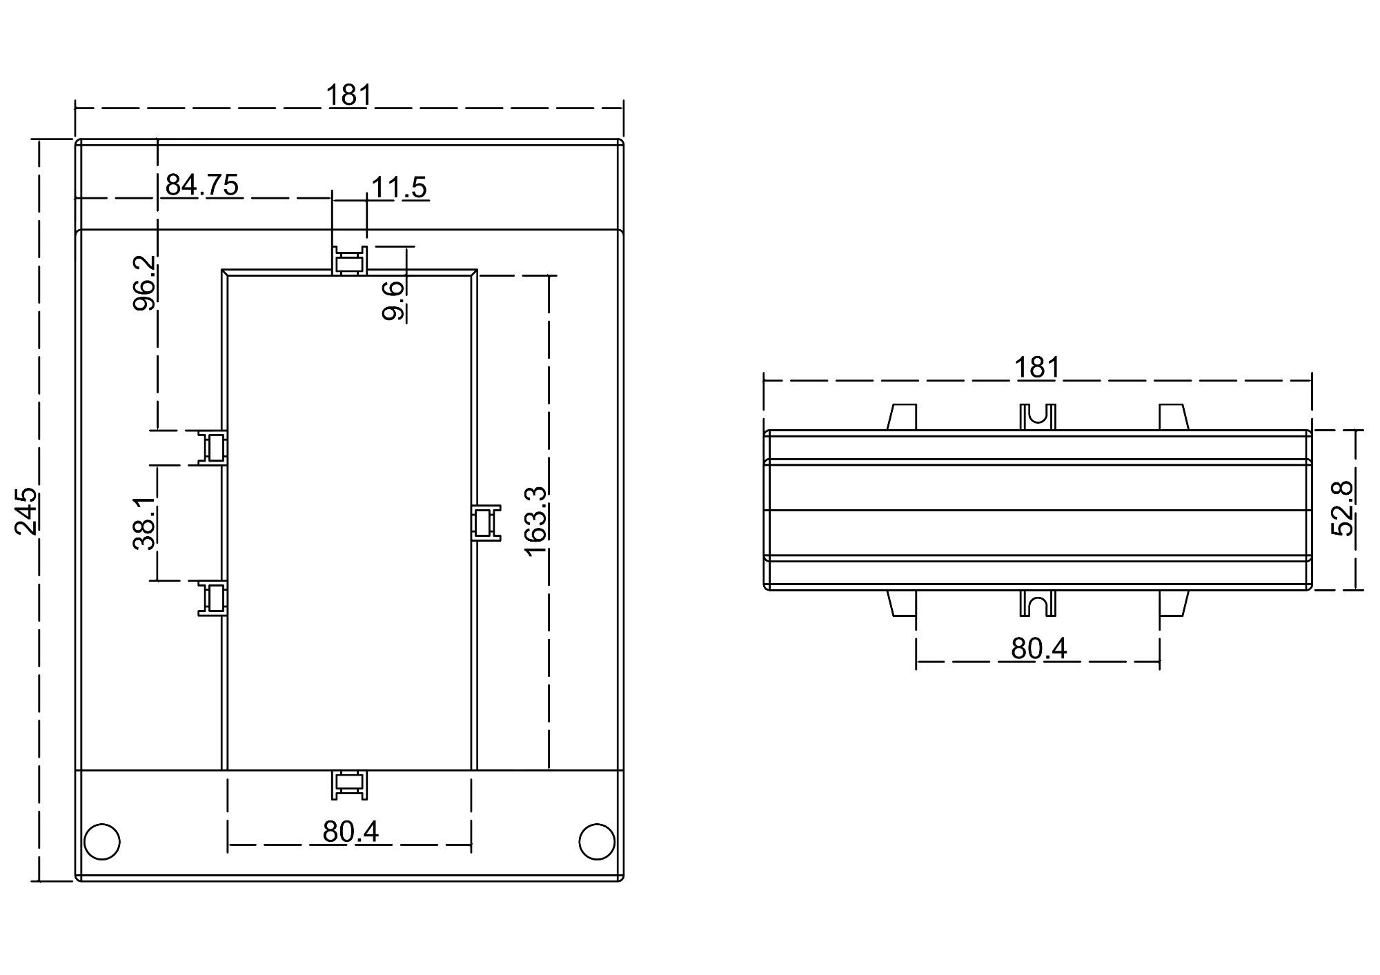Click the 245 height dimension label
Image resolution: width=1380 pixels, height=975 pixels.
tap(26, 511)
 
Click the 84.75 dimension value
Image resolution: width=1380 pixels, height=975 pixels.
tap(201, 185)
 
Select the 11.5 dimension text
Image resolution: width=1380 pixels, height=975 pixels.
tap(399, 187)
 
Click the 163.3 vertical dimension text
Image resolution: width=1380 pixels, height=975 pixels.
tap(536, 522)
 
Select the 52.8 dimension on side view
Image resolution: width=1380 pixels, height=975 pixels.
tap(1342, 509)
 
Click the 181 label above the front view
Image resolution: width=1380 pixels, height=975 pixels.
tap(348, 95)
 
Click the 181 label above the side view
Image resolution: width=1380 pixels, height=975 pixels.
tap(1036, 368)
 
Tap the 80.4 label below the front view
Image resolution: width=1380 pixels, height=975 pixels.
tap(351, 832)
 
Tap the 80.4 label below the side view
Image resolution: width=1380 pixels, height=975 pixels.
tap(1038, 649)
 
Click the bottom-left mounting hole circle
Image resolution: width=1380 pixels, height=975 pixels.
tap(102, 841)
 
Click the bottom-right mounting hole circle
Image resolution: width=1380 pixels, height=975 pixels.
tap(596, 841)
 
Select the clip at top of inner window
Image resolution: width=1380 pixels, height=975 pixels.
tap(349, 262)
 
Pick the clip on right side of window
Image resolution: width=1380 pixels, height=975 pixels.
tap(486, 523)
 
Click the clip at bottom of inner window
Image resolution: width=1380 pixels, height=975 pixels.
tap(349, 785)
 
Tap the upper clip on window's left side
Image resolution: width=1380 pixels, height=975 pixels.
tap(214, 448)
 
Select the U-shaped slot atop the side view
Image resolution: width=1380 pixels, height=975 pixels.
tap(1038, 417)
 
